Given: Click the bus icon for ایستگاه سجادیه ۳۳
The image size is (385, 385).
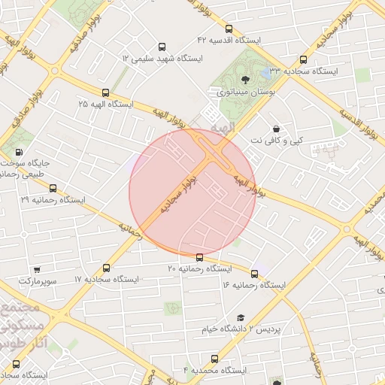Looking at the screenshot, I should click(x=303, y=59).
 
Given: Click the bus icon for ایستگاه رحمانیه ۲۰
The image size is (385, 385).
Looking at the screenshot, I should click(x=199, y=257).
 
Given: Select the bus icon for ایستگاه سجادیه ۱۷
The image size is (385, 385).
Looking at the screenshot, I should click(x=105, y=268).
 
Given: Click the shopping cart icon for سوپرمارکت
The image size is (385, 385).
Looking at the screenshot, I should click(x=37, y=268).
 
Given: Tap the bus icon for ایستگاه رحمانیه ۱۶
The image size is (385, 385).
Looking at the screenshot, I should click(x=254, y=274).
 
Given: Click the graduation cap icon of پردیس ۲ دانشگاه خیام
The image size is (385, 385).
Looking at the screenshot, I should click(x=241, y=318).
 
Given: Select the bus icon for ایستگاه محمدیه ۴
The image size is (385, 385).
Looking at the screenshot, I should click(x=214, y=359).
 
